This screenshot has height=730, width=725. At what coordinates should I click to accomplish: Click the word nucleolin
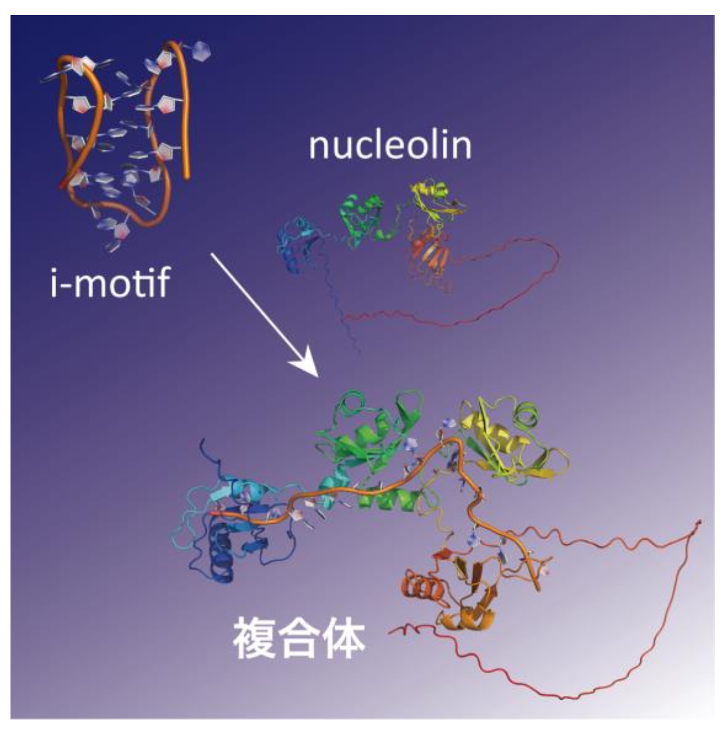point(390,145)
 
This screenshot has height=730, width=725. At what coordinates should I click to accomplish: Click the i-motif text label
point(111,282)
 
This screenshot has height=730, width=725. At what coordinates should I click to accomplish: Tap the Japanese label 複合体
point(300,638)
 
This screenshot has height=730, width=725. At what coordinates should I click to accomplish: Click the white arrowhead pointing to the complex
point(306,364)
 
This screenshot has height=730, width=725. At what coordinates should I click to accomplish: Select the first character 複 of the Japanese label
point(254,638)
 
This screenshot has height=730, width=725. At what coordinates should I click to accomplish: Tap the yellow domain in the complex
point(512,438)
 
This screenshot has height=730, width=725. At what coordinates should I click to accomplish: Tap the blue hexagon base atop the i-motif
point(201,50)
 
